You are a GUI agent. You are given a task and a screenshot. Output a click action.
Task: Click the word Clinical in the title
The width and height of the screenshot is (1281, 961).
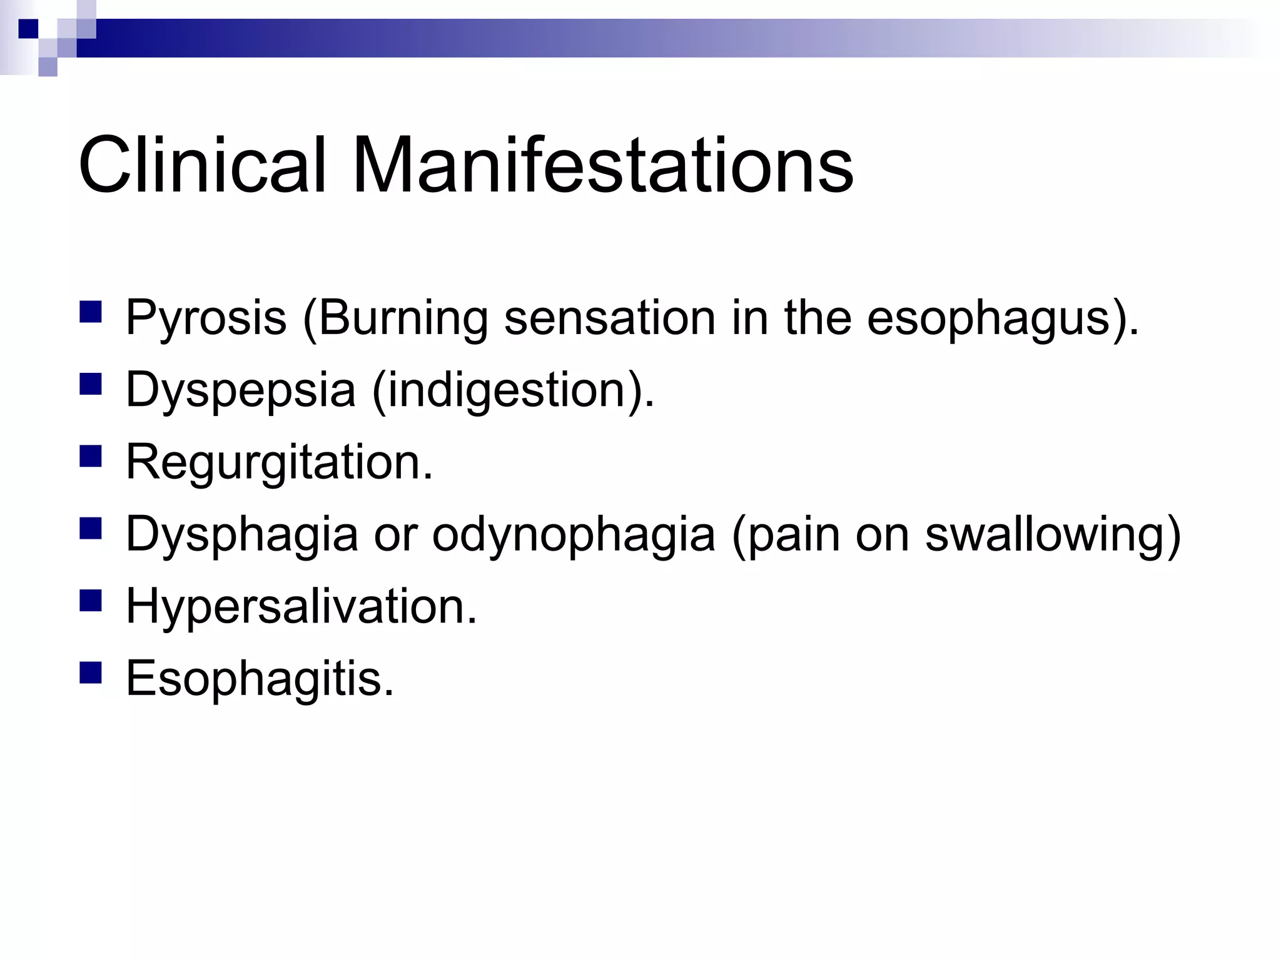202,166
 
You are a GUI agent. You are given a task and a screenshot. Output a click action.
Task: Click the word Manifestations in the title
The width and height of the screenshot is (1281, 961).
602,166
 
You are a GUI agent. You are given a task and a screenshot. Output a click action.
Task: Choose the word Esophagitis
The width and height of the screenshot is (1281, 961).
260,679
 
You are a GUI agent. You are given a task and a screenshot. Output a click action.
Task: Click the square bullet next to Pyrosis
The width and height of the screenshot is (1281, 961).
91,312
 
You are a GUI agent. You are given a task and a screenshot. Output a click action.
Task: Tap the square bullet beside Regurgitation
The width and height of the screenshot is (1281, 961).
91,456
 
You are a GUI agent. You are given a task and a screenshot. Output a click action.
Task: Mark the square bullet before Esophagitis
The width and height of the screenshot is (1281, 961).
91,673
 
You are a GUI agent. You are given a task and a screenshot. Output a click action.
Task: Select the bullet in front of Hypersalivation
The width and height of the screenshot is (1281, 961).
91,601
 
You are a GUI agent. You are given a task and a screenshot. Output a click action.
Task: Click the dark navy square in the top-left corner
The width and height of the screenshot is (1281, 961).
28,29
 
